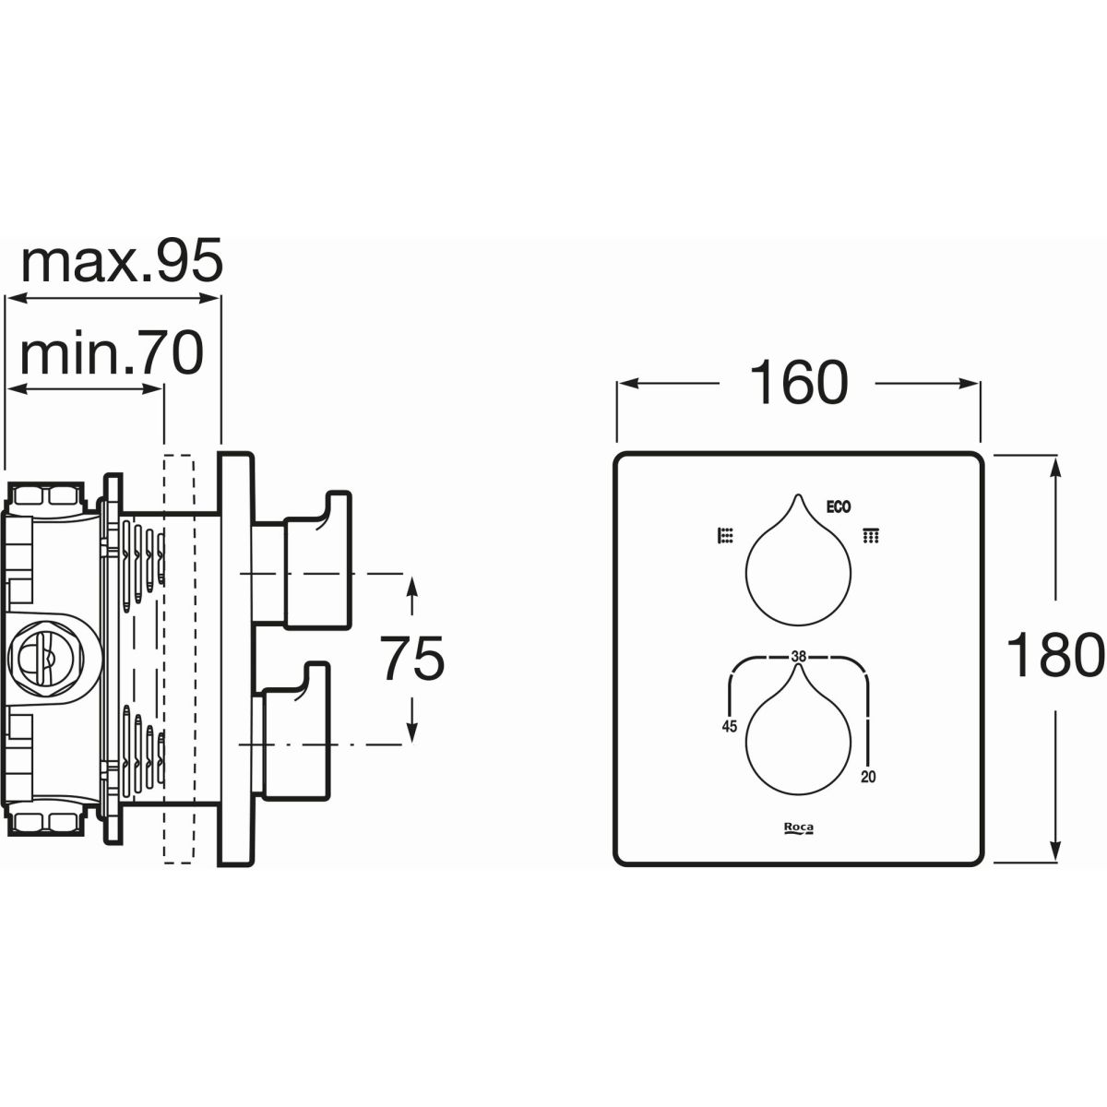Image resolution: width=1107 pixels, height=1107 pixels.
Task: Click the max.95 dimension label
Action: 121,261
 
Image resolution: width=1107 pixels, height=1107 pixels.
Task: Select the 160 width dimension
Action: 799,382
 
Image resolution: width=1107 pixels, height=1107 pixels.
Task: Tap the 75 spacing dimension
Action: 412,657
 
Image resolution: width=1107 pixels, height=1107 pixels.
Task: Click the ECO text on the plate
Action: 839,506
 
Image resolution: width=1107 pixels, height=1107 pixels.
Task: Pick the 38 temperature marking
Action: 799,656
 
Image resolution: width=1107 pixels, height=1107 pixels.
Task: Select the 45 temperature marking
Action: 729,726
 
